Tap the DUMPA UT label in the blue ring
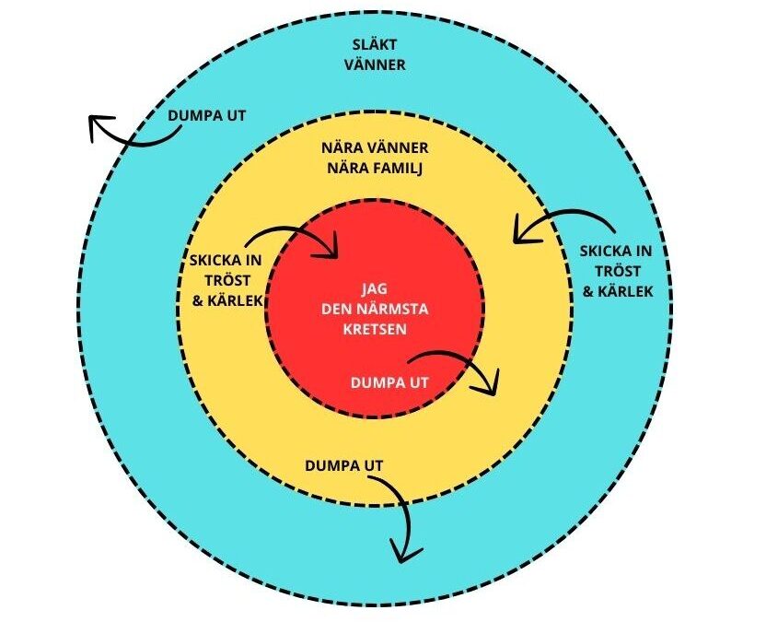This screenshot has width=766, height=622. (207, 117)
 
